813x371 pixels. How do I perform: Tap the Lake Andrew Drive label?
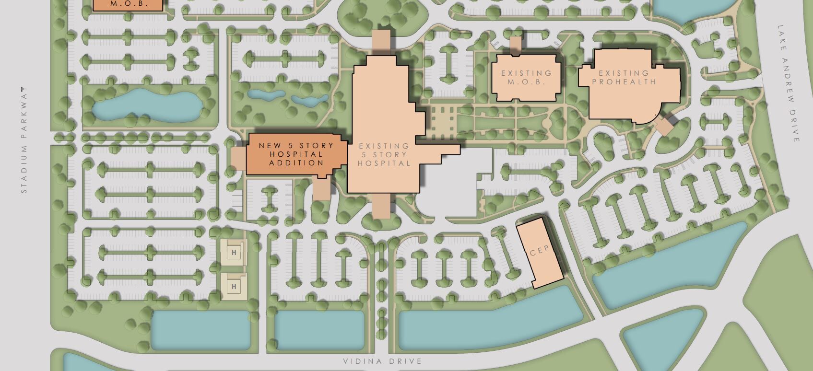[789, 84]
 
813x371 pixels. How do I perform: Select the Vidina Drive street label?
[382, 361]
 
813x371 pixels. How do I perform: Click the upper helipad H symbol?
[234, 252]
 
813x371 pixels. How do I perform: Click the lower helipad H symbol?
[234, 287]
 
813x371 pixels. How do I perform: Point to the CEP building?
[539, 253]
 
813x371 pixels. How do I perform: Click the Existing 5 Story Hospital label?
[384, 154]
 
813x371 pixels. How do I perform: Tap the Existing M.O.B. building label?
[526, 77]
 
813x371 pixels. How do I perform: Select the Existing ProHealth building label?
[624, 77]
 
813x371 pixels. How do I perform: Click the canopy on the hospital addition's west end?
[238, 158]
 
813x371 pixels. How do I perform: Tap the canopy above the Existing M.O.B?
[516, 45]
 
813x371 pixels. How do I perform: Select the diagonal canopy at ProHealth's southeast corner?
[665, 126]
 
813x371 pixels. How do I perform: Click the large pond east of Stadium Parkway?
[146, 104]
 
